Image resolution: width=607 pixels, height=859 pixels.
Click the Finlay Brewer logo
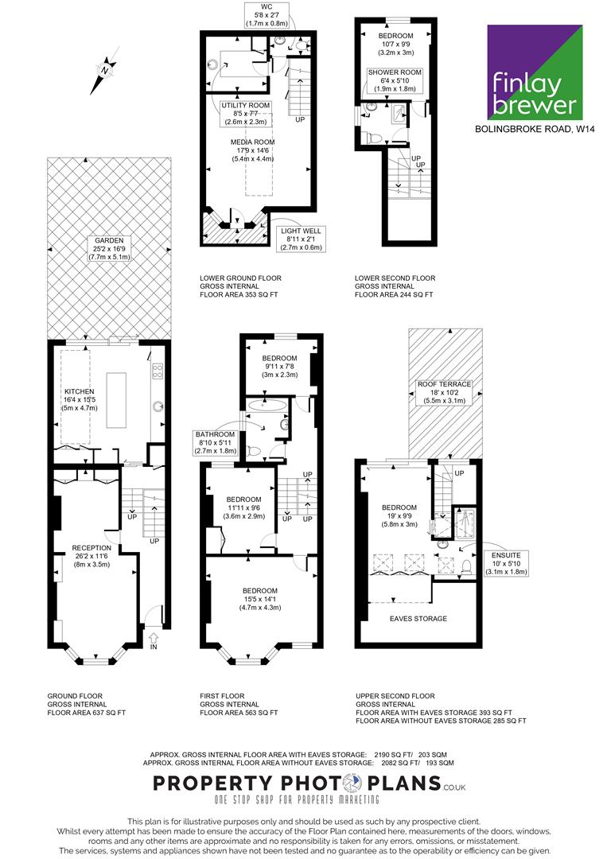(535, 72)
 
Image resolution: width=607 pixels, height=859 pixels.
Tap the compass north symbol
(105, 71)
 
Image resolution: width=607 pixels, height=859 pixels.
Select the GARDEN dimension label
(109, 249)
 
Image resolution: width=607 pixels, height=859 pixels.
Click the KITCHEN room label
(80, 400)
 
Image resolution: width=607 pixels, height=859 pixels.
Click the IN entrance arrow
(154, 638)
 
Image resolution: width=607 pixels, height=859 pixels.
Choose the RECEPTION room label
(91, 555)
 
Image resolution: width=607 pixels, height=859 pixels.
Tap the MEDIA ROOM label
(252, 150)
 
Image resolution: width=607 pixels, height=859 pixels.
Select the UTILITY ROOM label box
(246, 114)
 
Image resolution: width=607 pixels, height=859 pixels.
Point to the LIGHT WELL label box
(301, 239)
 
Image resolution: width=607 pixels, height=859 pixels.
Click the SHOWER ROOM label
(395, 80)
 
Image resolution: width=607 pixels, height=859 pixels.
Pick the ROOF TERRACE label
(444, 392)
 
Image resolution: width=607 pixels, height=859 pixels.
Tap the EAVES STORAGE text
(418, 619)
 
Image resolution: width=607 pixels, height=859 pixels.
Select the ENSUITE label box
(506, 564)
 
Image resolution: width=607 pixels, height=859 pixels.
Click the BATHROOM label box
(216, 443)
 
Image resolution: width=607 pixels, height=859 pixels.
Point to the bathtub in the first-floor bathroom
(267, 406)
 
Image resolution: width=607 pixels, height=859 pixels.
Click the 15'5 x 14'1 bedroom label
(260, 599)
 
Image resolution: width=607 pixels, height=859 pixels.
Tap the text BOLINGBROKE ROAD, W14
(535, 130)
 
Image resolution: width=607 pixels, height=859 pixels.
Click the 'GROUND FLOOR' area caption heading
(75, 696)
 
